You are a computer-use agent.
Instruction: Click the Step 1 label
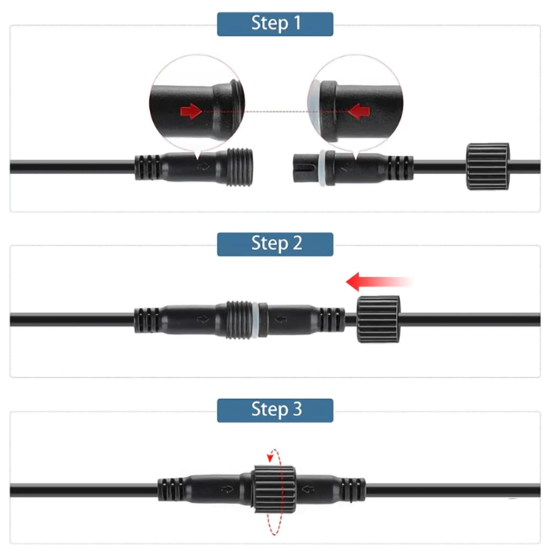coord(275,24)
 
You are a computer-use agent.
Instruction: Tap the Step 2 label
coord(275,244)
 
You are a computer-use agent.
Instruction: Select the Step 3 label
coord(275,410)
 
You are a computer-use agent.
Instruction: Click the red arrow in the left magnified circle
coord(191,111)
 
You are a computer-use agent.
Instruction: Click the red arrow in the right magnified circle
coord(358,111)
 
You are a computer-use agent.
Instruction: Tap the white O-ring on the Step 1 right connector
coord(322,168)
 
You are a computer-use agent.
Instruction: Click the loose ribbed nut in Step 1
coord(488,166)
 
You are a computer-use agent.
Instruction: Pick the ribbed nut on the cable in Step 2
coord(378,319)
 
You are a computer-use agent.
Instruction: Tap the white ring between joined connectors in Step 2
coord(255,320)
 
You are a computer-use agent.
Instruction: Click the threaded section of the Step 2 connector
coord(239,320)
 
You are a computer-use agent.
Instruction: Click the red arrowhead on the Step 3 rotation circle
coord(270,457)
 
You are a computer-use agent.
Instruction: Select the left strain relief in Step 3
coord(170,489)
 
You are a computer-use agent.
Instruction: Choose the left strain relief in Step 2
coord(147,320)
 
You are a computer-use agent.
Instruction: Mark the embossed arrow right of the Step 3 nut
coord(308,489)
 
